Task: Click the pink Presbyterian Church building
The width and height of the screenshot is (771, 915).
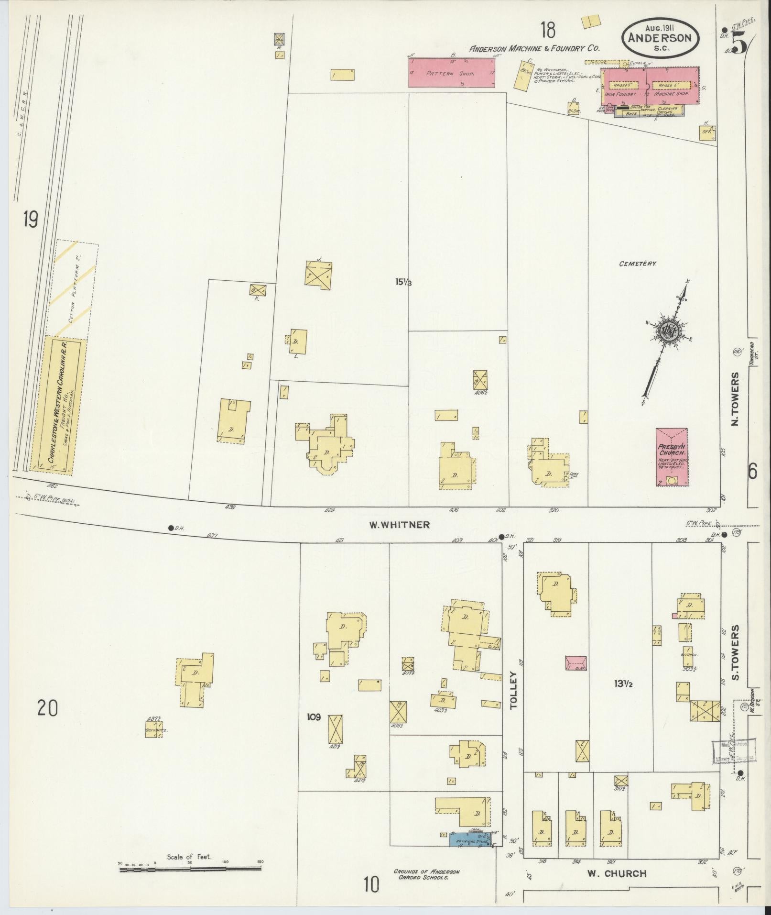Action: tap(672, 457)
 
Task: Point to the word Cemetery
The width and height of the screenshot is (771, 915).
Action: tap(637, 264)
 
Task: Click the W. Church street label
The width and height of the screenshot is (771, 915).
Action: tap(617, 873)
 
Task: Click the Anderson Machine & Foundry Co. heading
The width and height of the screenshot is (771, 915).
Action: tap(534, 48)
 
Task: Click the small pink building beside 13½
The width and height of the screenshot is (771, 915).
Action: tap(576, 662)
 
